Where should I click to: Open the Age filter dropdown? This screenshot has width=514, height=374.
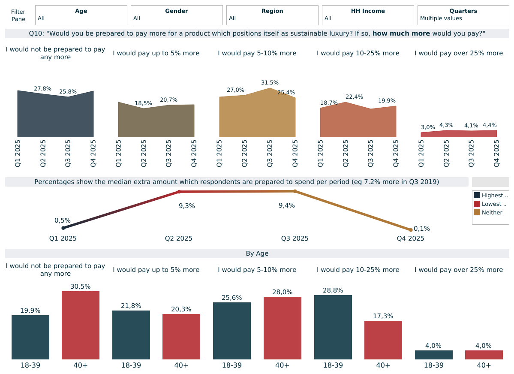point(81,15)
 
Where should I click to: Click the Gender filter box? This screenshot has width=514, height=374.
point(177,15)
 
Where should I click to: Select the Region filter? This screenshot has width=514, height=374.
point(272,15)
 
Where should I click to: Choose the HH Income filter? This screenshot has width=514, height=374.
point(368,15)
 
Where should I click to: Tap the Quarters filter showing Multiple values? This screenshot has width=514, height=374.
point(463,15)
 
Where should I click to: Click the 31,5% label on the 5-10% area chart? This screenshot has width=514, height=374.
point(270,83)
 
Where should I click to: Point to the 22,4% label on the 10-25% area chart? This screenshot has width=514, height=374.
point(354,97)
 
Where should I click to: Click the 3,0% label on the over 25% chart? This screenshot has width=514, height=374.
point(428,127)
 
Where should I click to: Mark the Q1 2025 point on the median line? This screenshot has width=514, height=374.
point(63,228)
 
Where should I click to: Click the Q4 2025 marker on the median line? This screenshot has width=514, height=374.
point(411,230)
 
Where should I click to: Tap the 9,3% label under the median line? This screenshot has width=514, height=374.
point(187,206)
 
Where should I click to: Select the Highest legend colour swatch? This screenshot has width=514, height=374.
point(477,196)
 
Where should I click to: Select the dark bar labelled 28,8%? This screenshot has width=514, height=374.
point(333,327)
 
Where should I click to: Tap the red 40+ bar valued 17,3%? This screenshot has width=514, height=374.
point(383,340)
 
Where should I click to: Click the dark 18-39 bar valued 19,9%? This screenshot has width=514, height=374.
point(30,337)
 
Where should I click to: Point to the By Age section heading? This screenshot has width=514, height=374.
point(257,253)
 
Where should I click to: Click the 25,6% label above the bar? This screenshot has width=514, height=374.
point(232,298)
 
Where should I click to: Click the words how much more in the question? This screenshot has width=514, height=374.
point(401,33)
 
